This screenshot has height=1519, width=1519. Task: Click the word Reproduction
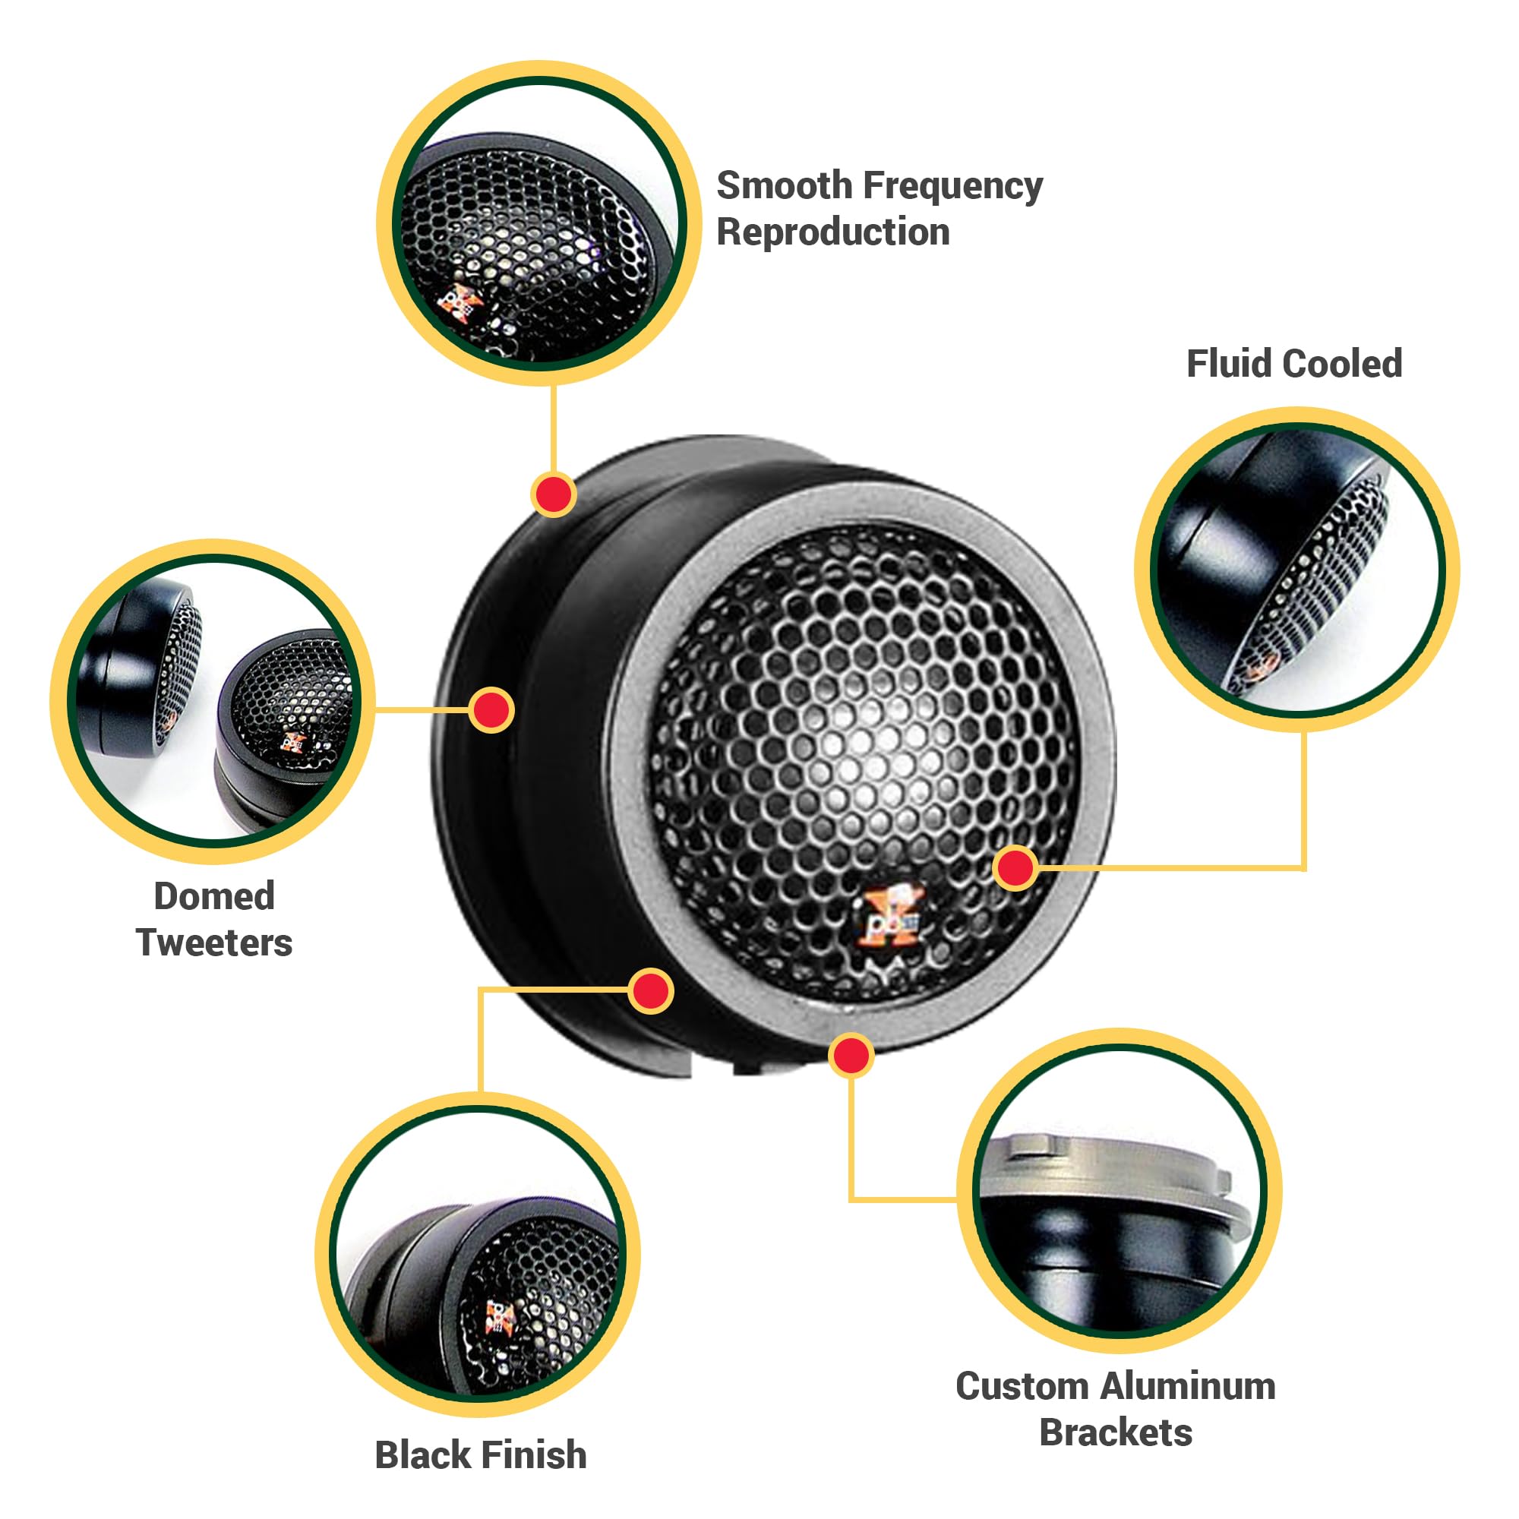[832, 232]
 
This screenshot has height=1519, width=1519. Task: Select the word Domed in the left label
[214, 896]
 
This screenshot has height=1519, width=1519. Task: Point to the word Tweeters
[214, 943]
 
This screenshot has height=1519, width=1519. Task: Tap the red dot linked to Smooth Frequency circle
[554, 494]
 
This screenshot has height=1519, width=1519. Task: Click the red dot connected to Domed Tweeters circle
[491, 710]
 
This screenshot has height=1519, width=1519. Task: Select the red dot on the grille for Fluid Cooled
[1015, 868]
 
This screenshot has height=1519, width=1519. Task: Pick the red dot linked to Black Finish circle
[651, 990]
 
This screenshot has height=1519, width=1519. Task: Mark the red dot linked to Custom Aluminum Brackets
[851, 1055]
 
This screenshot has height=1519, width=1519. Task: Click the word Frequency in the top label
[952, 186]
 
